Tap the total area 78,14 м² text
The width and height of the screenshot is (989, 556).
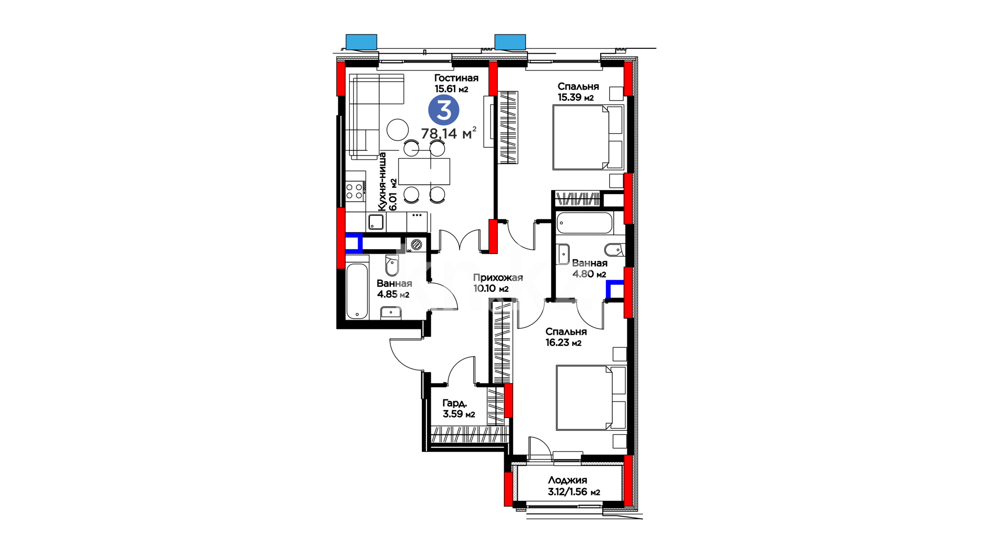pos(449,133)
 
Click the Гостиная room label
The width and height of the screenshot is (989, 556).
pos(456,78)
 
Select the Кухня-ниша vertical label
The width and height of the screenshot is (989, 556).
pos(382,181)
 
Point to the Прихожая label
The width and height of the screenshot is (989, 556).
pos(498,277)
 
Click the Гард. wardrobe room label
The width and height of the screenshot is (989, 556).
pos(454,403)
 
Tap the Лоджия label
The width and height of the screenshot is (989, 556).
pos(567,480)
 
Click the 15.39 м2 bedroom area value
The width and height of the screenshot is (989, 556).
pos(575,97)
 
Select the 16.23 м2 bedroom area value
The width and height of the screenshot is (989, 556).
pos(564,342)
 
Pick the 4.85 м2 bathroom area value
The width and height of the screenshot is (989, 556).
pos(393,294)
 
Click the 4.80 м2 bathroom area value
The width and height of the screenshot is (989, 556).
pos(589,274)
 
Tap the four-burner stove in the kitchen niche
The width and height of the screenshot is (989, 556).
pos(355,191)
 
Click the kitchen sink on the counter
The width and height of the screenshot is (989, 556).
pos(376,222)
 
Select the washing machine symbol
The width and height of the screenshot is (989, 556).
pos(416,244)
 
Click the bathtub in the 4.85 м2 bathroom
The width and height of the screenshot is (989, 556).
pos(357,291)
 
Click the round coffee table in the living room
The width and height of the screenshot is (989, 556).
pos(398,130)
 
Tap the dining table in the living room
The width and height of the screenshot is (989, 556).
pos(424,171)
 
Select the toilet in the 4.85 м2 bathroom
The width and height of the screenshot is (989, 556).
pos(392,265)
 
